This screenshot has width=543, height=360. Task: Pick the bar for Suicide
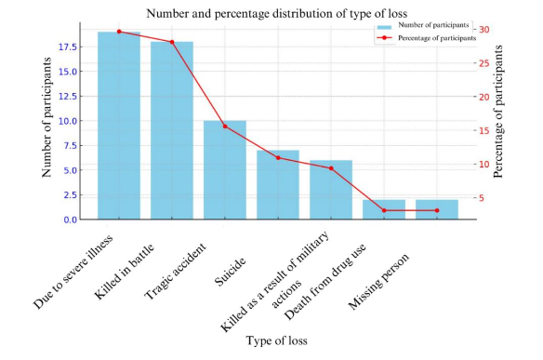click(278, 185)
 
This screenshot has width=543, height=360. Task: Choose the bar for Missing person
click(437, 210)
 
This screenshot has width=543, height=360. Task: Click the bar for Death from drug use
click(384, 210)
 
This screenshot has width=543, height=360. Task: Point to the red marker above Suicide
click(278, 157)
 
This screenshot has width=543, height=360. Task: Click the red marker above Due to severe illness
click(119, 32)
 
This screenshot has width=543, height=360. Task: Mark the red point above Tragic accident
click(225, 126)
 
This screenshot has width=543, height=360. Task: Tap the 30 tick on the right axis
click(486, 30)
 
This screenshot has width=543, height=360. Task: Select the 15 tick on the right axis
click(486, 130)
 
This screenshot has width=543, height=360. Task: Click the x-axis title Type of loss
click(276, 341)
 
